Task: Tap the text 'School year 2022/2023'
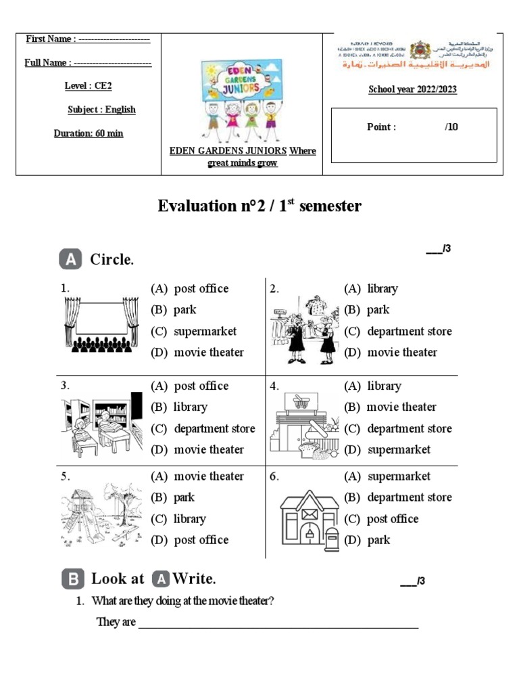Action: [412, 89]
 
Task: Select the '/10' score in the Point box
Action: [451, 127]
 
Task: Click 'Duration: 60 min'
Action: [89, 133]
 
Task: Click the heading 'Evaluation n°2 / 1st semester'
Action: [259, 206]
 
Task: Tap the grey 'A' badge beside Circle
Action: [71, 259]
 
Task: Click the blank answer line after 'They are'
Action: [278, 623]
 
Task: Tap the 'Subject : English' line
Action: [101, 110]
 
